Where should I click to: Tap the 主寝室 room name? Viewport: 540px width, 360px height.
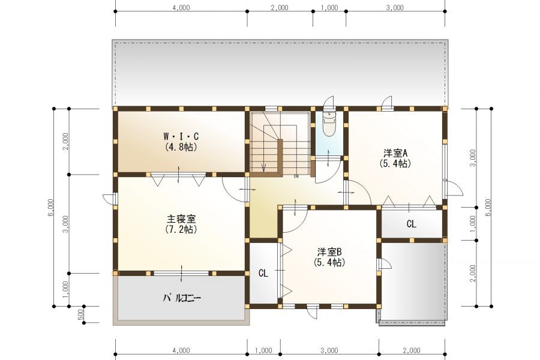click(181, 219)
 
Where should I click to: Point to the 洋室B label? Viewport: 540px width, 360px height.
click(329, 252)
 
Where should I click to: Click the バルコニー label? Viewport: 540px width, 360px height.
click(181, 298)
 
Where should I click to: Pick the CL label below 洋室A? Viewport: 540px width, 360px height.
click(411, 224)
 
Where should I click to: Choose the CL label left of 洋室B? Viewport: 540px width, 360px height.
click(263, 273)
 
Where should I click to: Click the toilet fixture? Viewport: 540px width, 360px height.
click(329, 125)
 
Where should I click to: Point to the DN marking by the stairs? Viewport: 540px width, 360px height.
click(296, 176)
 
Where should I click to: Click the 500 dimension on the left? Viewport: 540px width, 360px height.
click(81, 314)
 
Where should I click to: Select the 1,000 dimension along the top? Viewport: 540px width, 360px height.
click(329, 8)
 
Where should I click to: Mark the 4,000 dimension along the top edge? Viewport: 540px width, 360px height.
click(181, 8)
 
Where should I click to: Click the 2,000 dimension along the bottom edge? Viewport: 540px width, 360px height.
click(411, 350)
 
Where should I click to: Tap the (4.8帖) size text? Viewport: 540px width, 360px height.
click(181, 146)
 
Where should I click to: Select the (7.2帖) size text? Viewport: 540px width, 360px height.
click(181, 229)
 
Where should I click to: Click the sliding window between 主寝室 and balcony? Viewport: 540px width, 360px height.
click(181, 273)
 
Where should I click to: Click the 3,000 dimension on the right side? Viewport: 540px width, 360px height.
click(472, 158)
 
